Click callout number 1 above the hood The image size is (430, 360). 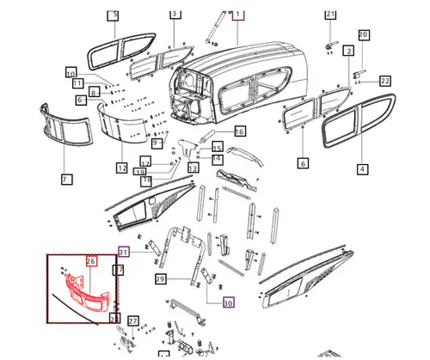(239, 15)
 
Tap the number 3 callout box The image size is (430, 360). (175, 15)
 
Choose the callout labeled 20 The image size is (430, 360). (363, 34)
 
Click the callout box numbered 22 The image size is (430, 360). (385, 81)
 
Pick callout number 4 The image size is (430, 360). (363, 169)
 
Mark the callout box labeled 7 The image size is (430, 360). (65, 179)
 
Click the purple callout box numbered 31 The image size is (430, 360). (124, 252)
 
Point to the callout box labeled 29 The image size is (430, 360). (160, 279)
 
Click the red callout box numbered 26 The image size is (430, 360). (91, 261)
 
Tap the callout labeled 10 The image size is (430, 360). (71, 72)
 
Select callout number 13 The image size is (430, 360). (193, 168)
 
